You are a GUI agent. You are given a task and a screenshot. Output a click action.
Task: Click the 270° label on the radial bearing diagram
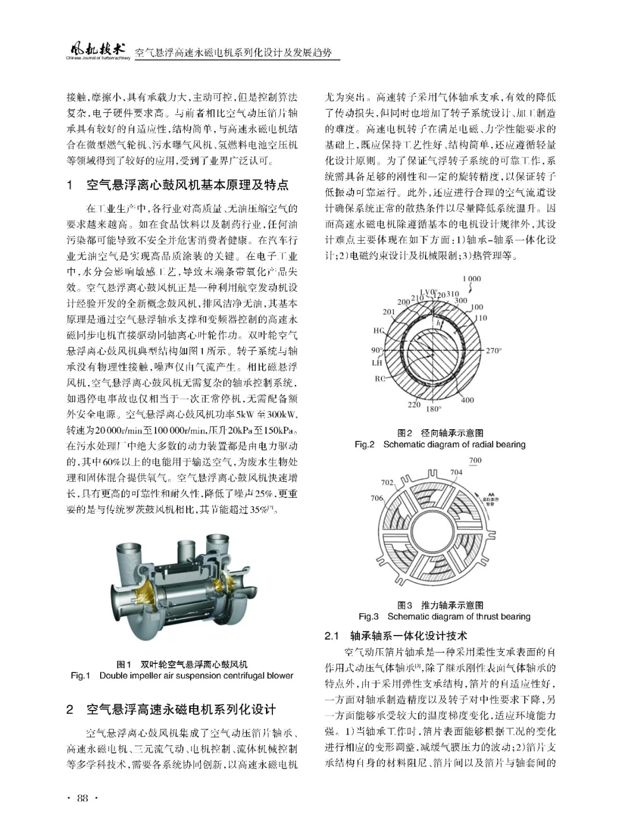494,350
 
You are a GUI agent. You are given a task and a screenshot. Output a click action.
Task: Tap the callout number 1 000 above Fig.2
471,279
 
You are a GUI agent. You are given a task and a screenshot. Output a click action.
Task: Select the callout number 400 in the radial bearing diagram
468,400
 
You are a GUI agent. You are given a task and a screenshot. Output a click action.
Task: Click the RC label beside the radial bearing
380,379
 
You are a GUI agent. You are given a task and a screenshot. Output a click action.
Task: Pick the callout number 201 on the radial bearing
389,312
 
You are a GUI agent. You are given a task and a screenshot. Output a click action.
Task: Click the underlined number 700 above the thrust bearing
475,460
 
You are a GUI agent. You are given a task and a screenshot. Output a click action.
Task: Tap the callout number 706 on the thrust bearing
377,498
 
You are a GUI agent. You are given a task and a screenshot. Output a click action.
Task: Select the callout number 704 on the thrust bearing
456,473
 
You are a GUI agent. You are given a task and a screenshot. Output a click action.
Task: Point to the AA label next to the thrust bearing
491,494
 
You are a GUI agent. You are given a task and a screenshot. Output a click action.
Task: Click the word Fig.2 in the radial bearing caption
365,444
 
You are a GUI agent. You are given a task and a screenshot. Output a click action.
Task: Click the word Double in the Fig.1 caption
113,675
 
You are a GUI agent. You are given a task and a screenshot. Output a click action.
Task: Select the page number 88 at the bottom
82,798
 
